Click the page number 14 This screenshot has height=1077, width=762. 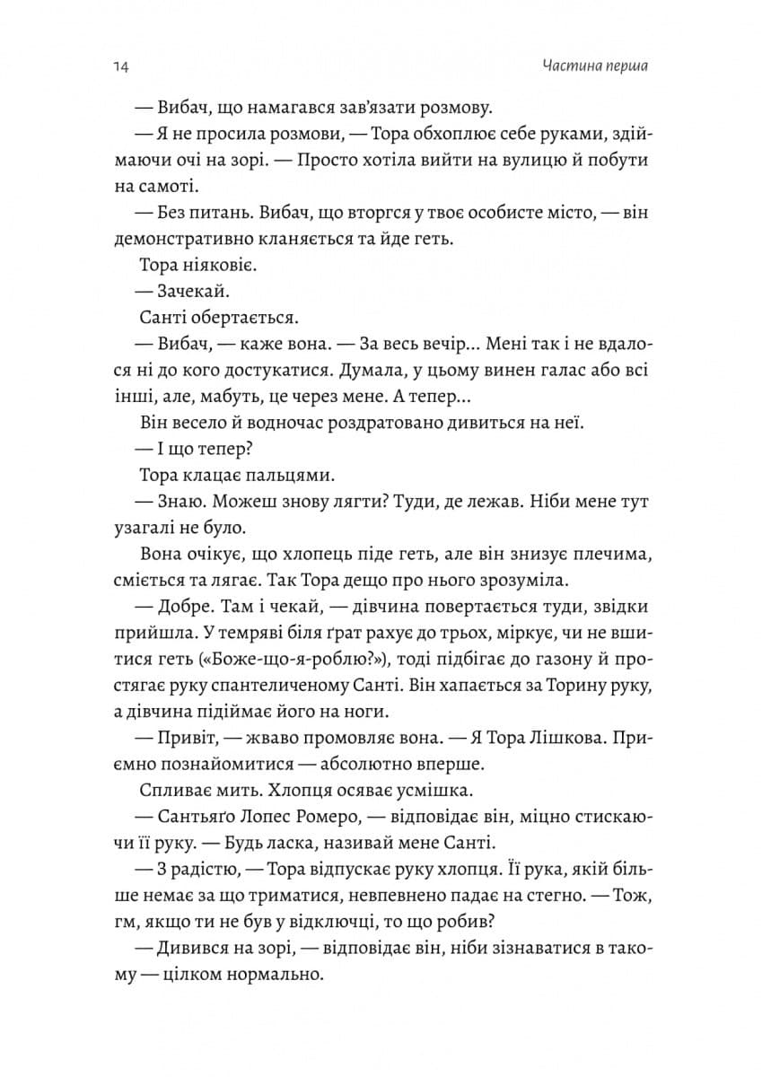coord(122,67)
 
